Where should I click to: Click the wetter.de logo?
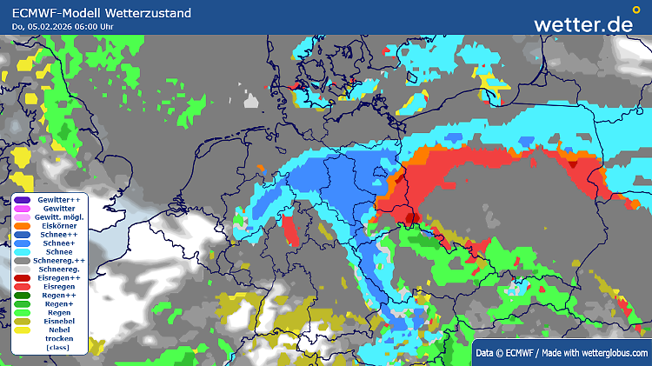tap(583, 23)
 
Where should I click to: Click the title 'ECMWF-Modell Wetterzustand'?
tap(101, 13)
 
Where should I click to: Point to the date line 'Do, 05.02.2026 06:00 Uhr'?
tap(63, 27)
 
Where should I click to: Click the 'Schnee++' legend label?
tap(59, 235)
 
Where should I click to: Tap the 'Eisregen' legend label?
tap(59, 287)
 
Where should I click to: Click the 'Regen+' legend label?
tap(59, 304)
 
